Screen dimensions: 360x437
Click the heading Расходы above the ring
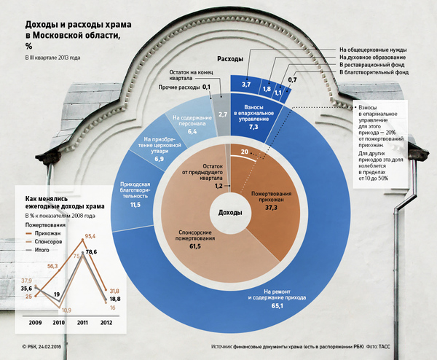coord(230,59)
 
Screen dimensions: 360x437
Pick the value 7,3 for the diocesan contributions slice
coord(254,126)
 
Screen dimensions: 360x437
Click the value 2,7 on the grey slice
coord(223,114)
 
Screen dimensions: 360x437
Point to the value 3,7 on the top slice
coord(246,85)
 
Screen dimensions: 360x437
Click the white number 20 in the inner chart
coord(243,151)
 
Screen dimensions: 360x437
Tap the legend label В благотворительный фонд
coord(374,73)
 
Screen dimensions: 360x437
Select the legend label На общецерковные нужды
coord(373,50)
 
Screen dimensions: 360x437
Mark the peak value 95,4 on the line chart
coord(92,236)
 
